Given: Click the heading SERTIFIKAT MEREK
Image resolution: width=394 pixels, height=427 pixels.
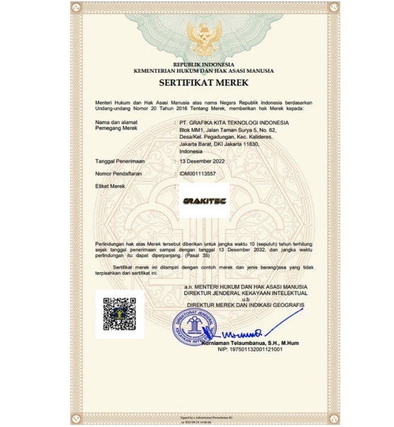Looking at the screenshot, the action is coord(203,83).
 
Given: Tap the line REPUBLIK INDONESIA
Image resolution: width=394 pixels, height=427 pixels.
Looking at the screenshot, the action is coord(203,65).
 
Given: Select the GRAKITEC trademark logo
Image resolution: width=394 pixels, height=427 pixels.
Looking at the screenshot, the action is coord(204,201).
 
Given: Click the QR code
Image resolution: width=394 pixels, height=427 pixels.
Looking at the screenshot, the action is coord(119,314).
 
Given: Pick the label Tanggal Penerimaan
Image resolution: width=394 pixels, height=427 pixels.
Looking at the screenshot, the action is coord(125,161).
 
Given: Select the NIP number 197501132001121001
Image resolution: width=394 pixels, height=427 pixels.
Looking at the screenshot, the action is coord(249,349).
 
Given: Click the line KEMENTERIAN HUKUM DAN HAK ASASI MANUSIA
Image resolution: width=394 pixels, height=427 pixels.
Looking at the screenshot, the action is coord(203,71).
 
